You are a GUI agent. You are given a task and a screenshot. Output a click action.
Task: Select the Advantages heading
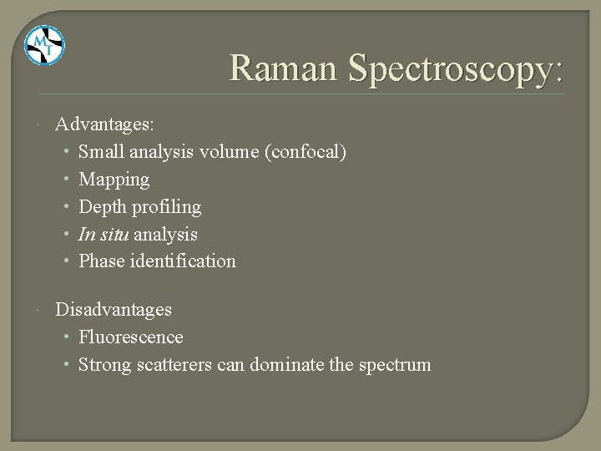point(104,124)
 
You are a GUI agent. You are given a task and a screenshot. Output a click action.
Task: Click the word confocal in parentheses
point(309,152)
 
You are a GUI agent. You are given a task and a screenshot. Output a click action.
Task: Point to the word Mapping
point(114,180)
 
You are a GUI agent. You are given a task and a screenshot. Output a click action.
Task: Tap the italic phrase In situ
point(103,234)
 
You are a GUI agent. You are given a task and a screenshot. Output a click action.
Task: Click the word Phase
point(102,261)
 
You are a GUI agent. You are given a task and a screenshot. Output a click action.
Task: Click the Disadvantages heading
point(114,309)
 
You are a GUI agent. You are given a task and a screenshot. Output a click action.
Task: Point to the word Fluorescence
point(131,337)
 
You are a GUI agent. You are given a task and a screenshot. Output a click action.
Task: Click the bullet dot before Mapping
point(66,180)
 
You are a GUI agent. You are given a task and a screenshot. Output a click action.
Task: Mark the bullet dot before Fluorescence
point(66,337)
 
